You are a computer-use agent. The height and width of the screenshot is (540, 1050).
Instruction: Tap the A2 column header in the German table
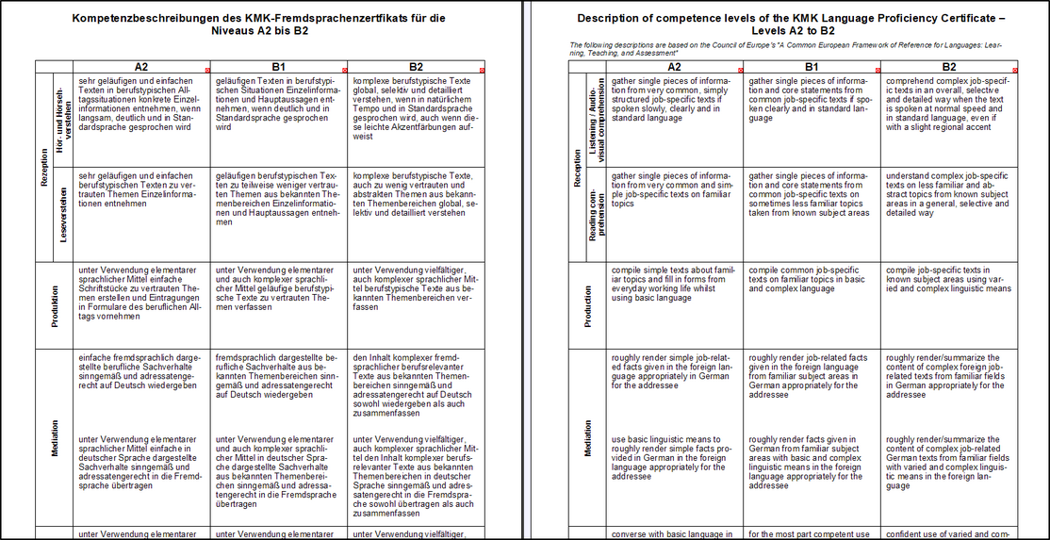pyautogui.click(x=141, y=67)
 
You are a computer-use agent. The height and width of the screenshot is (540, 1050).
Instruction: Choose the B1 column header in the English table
pyautogui.click(x=811, y=67)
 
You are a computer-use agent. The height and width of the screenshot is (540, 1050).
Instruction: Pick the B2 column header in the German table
pyautogui.click(x=416, y=67)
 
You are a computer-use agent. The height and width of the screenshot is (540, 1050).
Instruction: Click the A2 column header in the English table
pyautogui.click(x=674, y=67)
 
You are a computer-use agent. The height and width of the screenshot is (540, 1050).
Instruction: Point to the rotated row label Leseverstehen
pyautogui.click(x=63, y=213)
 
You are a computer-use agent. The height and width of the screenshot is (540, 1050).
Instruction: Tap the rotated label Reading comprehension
pyautogui.click(x=596, y=213)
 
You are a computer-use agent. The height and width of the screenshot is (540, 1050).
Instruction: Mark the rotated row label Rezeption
pyautogui.click(x=43, y=166)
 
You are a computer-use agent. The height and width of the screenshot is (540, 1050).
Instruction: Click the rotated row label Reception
pyautogui.click(x=577, y=166)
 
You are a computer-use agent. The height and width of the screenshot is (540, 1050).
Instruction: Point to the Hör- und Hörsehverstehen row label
pyautogui.click(x=63, y=120)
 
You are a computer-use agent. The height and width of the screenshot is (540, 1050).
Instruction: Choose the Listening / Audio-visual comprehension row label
pyautogui.click(x=596, y=120)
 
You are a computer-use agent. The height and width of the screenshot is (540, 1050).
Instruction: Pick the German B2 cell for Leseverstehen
pyautogui.click(x=416, y=194)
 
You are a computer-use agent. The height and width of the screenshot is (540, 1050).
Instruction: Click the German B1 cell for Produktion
pyautogui.click(x=278, y=288)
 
